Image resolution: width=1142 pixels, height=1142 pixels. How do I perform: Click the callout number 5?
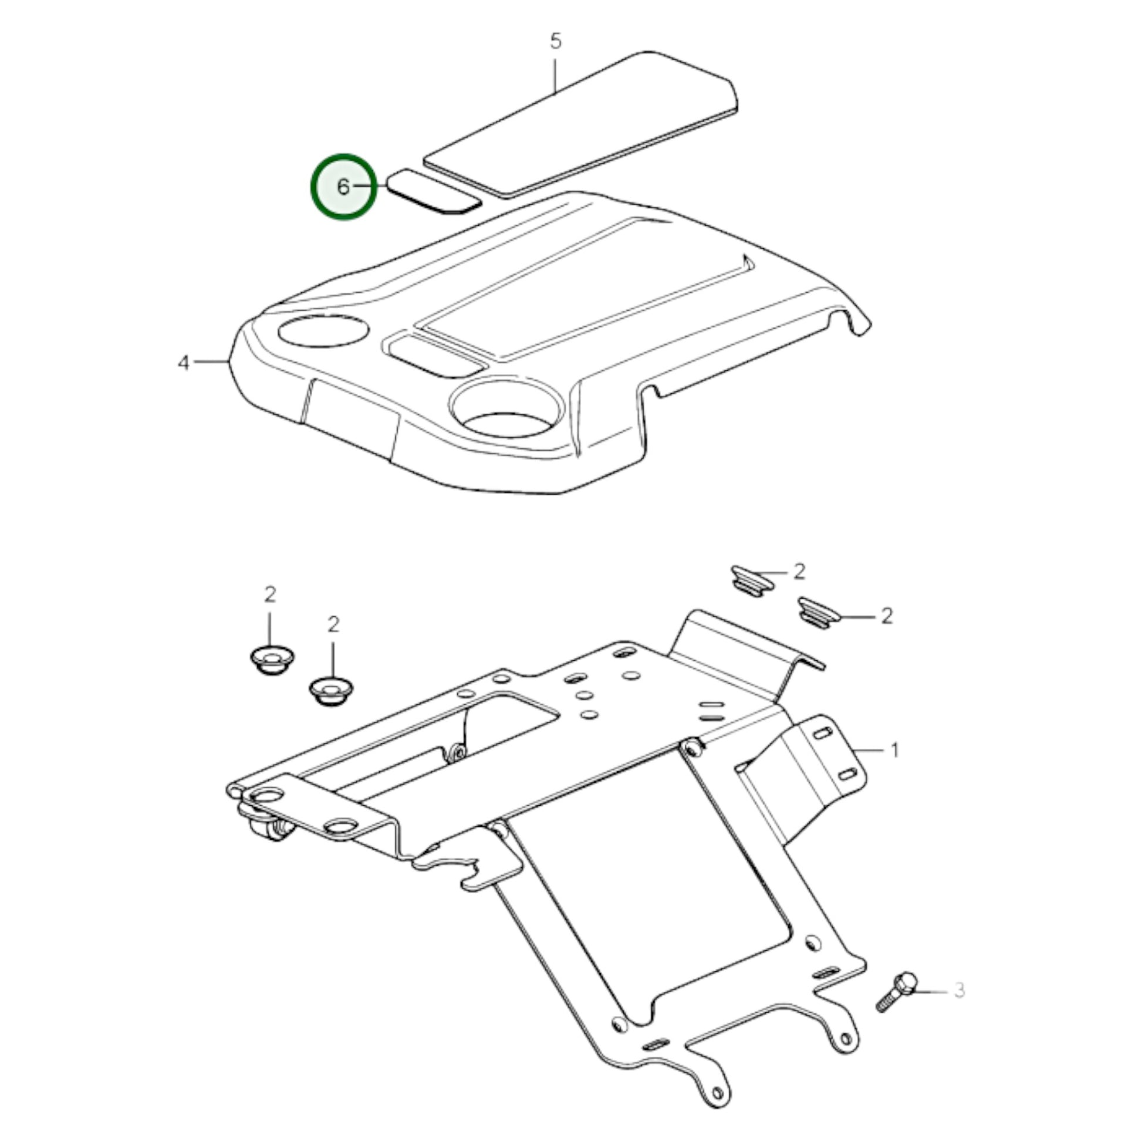(556, 42)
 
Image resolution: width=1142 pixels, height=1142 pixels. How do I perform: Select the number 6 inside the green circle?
(343, 187)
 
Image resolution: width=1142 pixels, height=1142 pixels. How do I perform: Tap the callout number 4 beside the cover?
(184, 362)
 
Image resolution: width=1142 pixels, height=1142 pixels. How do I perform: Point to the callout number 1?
(894, 750)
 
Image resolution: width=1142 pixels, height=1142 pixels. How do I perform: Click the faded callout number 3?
(959, 989)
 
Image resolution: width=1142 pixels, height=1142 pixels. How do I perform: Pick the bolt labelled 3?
(896, 992)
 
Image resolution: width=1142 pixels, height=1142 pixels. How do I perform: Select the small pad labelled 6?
(434, 191)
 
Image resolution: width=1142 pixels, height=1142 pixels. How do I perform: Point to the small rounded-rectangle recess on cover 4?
(435, 356)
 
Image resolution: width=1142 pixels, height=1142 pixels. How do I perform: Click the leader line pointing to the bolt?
(931, 989)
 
